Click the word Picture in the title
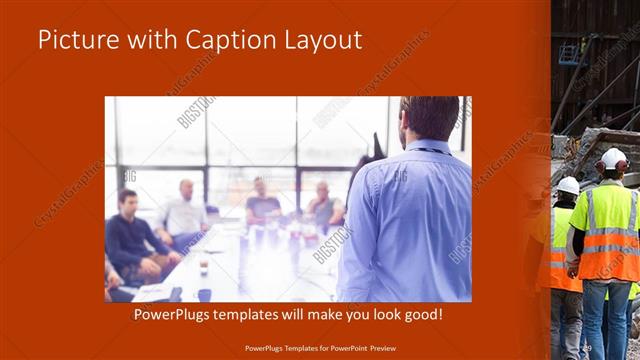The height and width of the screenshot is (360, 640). [76, 39]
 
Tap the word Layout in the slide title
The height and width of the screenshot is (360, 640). [325, 39]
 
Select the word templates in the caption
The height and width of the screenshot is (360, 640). [265, 314]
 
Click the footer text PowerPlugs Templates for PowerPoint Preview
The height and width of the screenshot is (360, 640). [319, 347]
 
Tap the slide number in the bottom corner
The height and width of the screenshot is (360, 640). [587, 347]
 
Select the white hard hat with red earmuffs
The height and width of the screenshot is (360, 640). [613, 159]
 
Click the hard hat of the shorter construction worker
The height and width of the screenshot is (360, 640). [568, 185]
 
